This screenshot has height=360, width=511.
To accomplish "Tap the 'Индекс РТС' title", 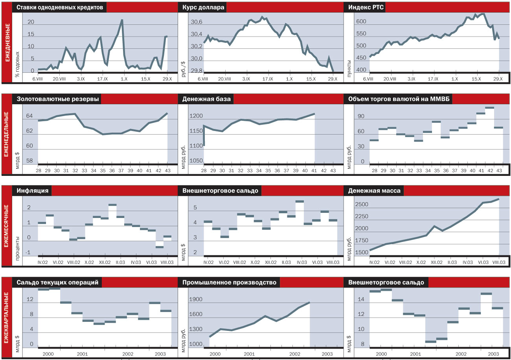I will (x=364, y=7).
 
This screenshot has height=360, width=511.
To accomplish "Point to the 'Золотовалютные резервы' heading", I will (x=57, y=99).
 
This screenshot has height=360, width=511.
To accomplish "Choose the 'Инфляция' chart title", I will (x=33, y=191).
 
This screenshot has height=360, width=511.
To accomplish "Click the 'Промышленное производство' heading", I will (x=229, y=282).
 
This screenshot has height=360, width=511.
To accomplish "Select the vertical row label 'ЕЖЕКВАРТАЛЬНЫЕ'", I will (x=6, y=318).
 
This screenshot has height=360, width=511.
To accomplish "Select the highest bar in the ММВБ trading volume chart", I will (x=489, y=107).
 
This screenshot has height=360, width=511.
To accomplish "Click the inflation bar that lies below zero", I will (x=160, y=247).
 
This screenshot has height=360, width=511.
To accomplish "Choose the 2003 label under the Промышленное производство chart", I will (x=327, y=354).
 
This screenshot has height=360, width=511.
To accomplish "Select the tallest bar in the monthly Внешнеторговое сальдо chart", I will (x=300, y=201).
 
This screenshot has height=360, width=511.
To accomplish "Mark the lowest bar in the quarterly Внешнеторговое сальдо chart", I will (x=431, y=342).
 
